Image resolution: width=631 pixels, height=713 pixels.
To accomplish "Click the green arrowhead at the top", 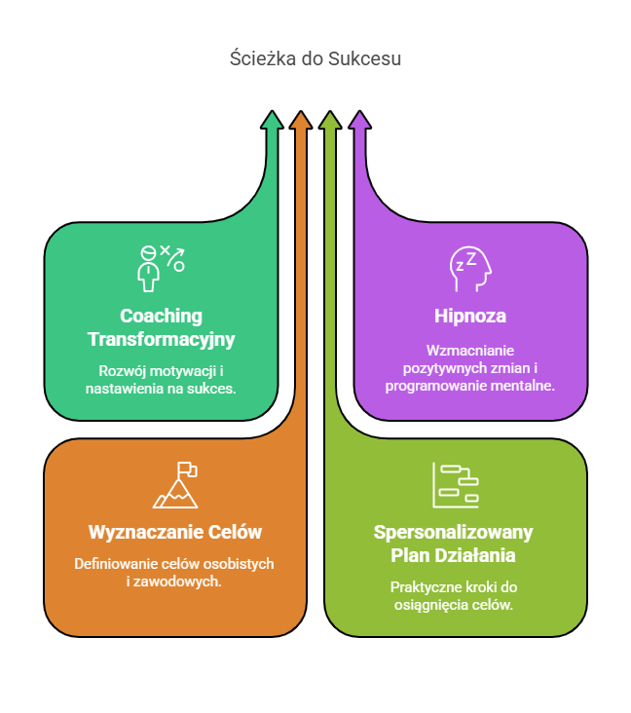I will (273, 120).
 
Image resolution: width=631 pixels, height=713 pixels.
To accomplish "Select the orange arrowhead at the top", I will (301, 120).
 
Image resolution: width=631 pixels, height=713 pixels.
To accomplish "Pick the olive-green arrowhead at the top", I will (330, 120).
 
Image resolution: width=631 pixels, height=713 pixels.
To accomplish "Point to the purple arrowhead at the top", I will (359, 120).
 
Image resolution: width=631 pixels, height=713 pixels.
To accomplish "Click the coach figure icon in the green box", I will (149, 269).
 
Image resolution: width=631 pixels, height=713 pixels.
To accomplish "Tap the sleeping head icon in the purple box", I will (470, 270).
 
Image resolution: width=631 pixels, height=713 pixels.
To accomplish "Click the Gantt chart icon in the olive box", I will (456, 485).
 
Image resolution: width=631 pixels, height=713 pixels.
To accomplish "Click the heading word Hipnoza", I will (470, 317).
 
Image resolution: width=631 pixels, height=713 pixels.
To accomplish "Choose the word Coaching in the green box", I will (161, 317).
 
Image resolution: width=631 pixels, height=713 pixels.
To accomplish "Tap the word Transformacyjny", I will (161, 340).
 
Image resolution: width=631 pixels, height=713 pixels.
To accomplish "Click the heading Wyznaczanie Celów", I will (175, 533).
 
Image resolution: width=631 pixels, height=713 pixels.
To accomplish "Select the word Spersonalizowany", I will (454, 533).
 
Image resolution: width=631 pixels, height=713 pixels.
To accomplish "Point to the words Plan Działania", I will (454, 556).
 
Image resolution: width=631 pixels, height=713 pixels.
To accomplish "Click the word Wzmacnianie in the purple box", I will (470, 351).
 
